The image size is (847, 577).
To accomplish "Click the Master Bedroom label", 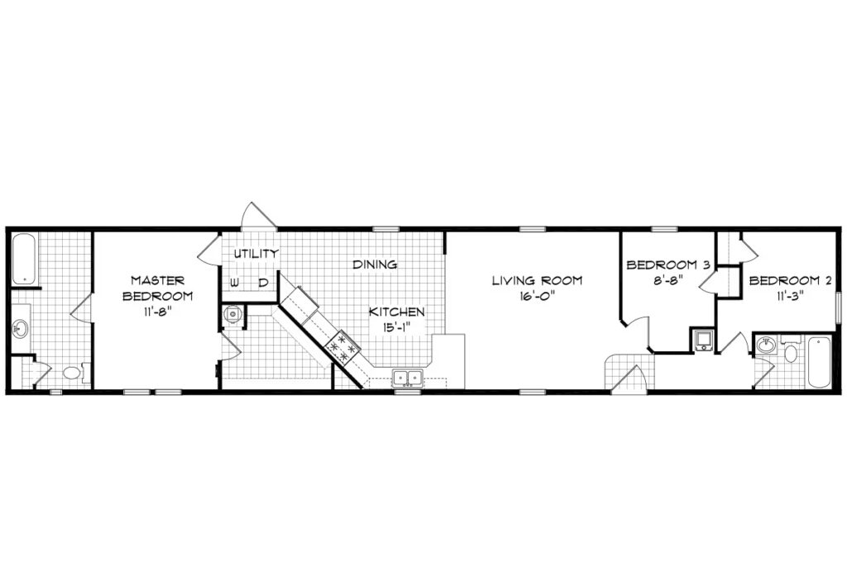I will coord(157,288).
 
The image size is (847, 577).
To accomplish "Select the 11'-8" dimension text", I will coord(157,312).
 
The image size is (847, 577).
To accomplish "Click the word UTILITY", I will coord(254,253).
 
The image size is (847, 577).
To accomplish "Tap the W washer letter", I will coord(235,283).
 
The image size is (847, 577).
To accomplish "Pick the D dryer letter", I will coord(262,283).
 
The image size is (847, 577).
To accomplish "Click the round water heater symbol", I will coord(233,314).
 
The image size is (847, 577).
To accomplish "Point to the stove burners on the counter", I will coord(342,346).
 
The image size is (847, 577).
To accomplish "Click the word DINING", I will coord(375,265).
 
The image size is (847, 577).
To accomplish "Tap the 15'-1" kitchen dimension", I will coord(398,327).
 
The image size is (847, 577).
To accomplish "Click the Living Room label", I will coord(537,280).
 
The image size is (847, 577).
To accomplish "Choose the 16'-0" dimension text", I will coord(537,295).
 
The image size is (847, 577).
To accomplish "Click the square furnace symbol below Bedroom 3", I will coord(702,341).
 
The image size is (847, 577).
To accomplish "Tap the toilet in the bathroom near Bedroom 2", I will coord(790,354).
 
